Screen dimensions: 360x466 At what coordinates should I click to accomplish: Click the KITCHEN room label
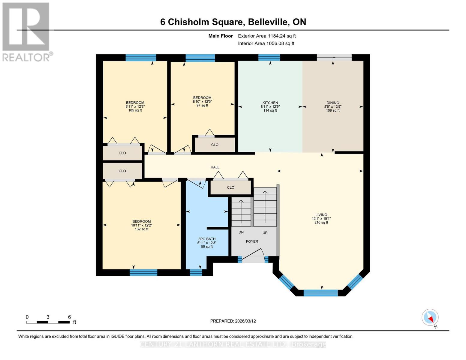[x=270, y=103]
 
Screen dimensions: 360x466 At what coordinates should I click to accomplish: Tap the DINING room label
[x=333, y=103]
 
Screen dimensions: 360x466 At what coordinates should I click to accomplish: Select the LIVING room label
[x=321, y=215]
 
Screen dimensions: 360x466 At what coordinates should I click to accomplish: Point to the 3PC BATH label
[x=207, y=239]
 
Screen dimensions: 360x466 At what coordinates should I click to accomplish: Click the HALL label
[x=215, y=167]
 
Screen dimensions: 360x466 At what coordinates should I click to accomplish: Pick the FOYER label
[x=252, y=241]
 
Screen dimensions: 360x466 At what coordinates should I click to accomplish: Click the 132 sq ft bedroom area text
[x=142, y=229]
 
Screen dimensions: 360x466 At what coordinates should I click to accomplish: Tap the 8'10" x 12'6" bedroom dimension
[x=202, y=102]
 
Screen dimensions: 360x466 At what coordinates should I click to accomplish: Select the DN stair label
[x=241, y=232]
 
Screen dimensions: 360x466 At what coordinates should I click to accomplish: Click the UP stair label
[x=265, y=233]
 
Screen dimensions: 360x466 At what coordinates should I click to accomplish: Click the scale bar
[x=48, y=322]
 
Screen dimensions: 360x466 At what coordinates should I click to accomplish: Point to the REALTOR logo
[x=26, y=31]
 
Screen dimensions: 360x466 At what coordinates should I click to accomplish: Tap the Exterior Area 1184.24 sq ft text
[x=267, y=36]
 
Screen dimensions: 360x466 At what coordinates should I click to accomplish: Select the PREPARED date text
[x=233, y=321]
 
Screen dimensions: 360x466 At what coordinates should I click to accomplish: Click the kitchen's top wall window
[x=269, y=58]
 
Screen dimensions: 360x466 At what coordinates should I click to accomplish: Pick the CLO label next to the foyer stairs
[x=230, y=187]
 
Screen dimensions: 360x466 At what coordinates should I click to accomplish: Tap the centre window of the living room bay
[x=321, y=293]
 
